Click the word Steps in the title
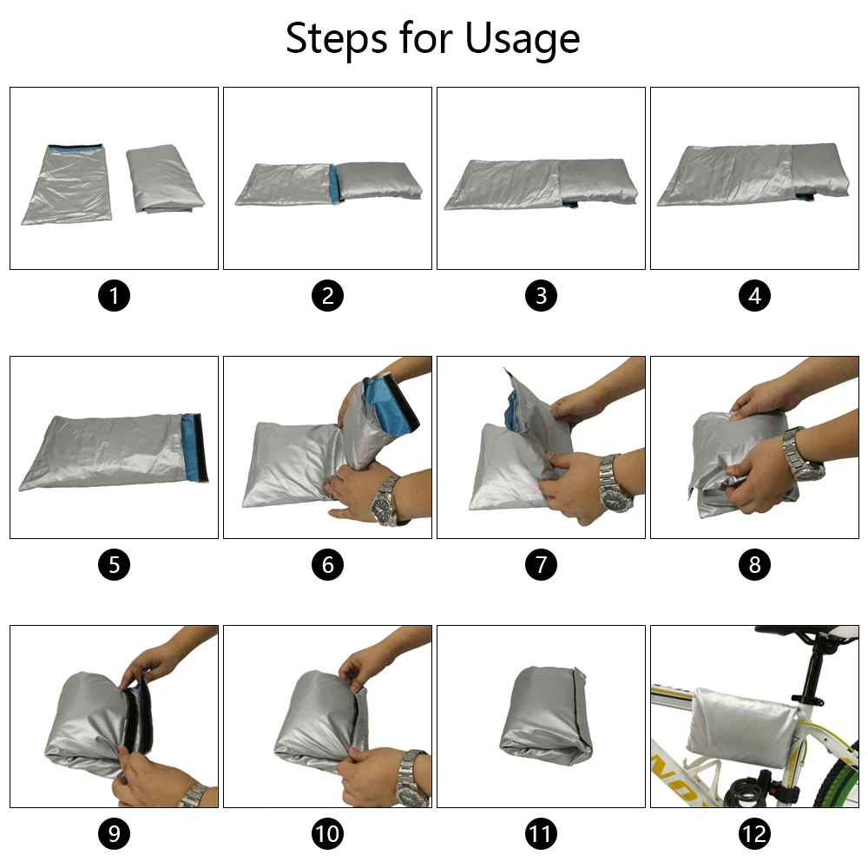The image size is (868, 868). click(336, 38)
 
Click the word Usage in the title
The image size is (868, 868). click(522, 40)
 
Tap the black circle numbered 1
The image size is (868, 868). click(114, 296)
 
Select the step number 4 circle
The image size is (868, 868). click(754, 296)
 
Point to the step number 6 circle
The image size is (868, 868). click(328, 565)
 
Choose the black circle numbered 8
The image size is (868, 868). click(754, 565)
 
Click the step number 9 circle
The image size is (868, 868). click(114, 833)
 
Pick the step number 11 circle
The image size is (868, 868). click(541, 833)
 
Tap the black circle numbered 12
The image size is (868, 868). click(754, 833)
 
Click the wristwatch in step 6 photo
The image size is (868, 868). click(385, 501)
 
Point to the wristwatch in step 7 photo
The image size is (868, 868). click(614, 483)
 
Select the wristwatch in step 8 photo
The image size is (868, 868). click(802, 455)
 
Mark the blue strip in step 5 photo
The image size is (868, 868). click(194, 447)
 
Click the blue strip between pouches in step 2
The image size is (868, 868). click(334, 181)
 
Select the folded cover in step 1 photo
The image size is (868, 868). click(164, 178)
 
